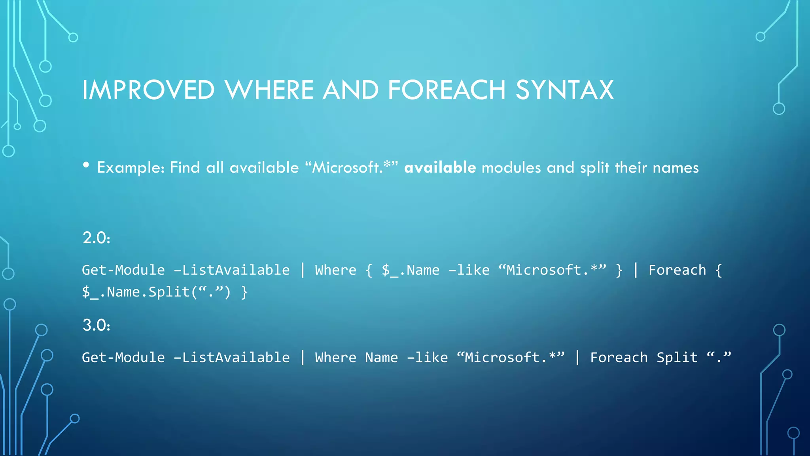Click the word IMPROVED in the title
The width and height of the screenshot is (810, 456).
(148, 90)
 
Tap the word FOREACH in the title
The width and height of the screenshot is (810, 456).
(447, 90)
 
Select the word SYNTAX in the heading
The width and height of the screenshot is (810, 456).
(564, 90)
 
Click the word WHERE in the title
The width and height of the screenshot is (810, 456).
(269, 90)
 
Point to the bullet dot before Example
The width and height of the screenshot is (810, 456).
(86, 165)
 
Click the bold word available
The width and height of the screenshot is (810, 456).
(440, 167)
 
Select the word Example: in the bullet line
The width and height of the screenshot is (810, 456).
(131, 168)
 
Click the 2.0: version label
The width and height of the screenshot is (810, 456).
(96, 238)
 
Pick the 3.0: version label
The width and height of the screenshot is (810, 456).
(96, 325)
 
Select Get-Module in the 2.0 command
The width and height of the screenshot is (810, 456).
(123, 270)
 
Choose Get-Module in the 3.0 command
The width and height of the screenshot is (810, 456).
(123, 357)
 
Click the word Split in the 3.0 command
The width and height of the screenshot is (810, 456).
(677, 357)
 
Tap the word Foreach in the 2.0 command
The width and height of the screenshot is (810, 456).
(677, 270)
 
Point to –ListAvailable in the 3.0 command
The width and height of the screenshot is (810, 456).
(232, 357)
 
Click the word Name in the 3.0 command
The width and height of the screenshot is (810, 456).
(381, 357)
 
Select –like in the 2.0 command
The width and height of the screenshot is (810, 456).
(469, 270)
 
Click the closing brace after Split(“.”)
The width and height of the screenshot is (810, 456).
(244, 293)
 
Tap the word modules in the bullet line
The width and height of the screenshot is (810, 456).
(511, 168)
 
